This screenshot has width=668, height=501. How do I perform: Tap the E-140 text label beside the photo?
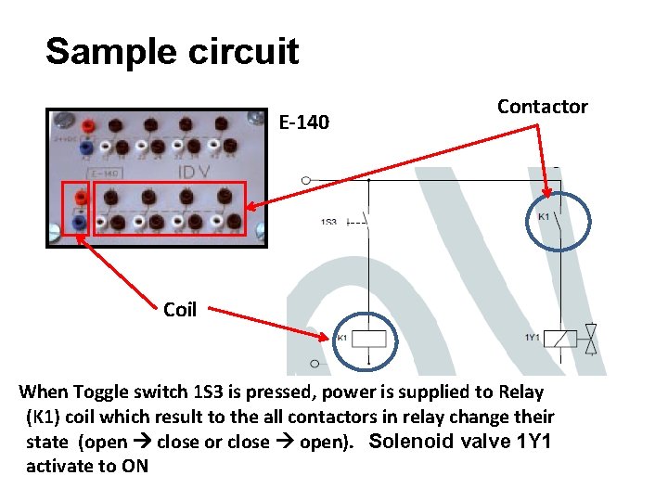click(303, 122)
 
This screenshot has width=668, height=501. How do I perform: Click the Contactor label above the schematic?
click(542, 107)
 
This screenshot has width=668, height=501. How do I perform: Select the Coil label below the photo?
click(179, 310)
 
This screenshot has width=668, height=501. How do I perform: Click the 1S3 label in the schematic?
click(328, 222)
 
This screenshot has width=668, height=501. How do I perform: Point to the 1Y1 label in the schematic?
click(532, 337)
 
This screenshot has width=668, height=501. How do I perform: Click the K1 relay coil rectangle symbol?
click(371, 340)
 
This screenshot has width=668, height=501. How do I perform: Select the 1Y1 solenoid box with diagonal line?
click(559, 340)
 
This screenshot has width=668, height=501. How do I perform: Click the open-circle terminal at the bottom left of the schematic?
click(315, 364)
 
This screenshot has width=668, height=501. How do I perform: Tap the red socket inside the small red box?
click(80, 197)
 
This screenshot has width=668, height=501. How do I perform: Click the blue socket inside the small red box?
click(80, 223)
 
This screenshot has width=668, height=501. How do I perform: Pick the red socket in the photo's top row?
click(87, 125)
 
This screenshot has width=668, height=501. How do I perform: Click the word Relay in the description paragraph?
click(520, 392)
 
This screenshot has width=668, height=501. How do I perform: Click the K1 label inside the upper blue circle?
click(544, 217)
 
